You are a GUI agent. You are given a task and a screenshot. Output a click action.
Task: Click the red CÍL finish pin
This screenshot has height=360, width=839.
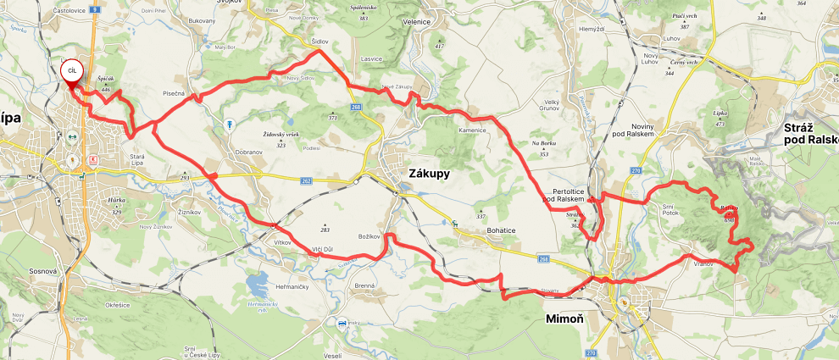pyautogui.click(x=71, y=73)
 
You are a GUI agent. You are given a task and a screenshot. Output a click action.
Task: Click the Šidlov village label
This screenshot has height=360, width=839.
pyautogui.click(x=319, y=41)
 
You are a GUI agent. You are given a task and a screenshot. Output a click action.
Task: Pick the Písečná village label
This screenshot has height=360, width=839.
pyautogui.click(x=173, y=94)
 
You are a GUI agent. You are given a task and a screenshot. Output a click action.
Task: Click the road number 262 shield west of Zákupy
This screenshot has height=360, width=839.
pyautogui.click(x=306, y=180)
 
